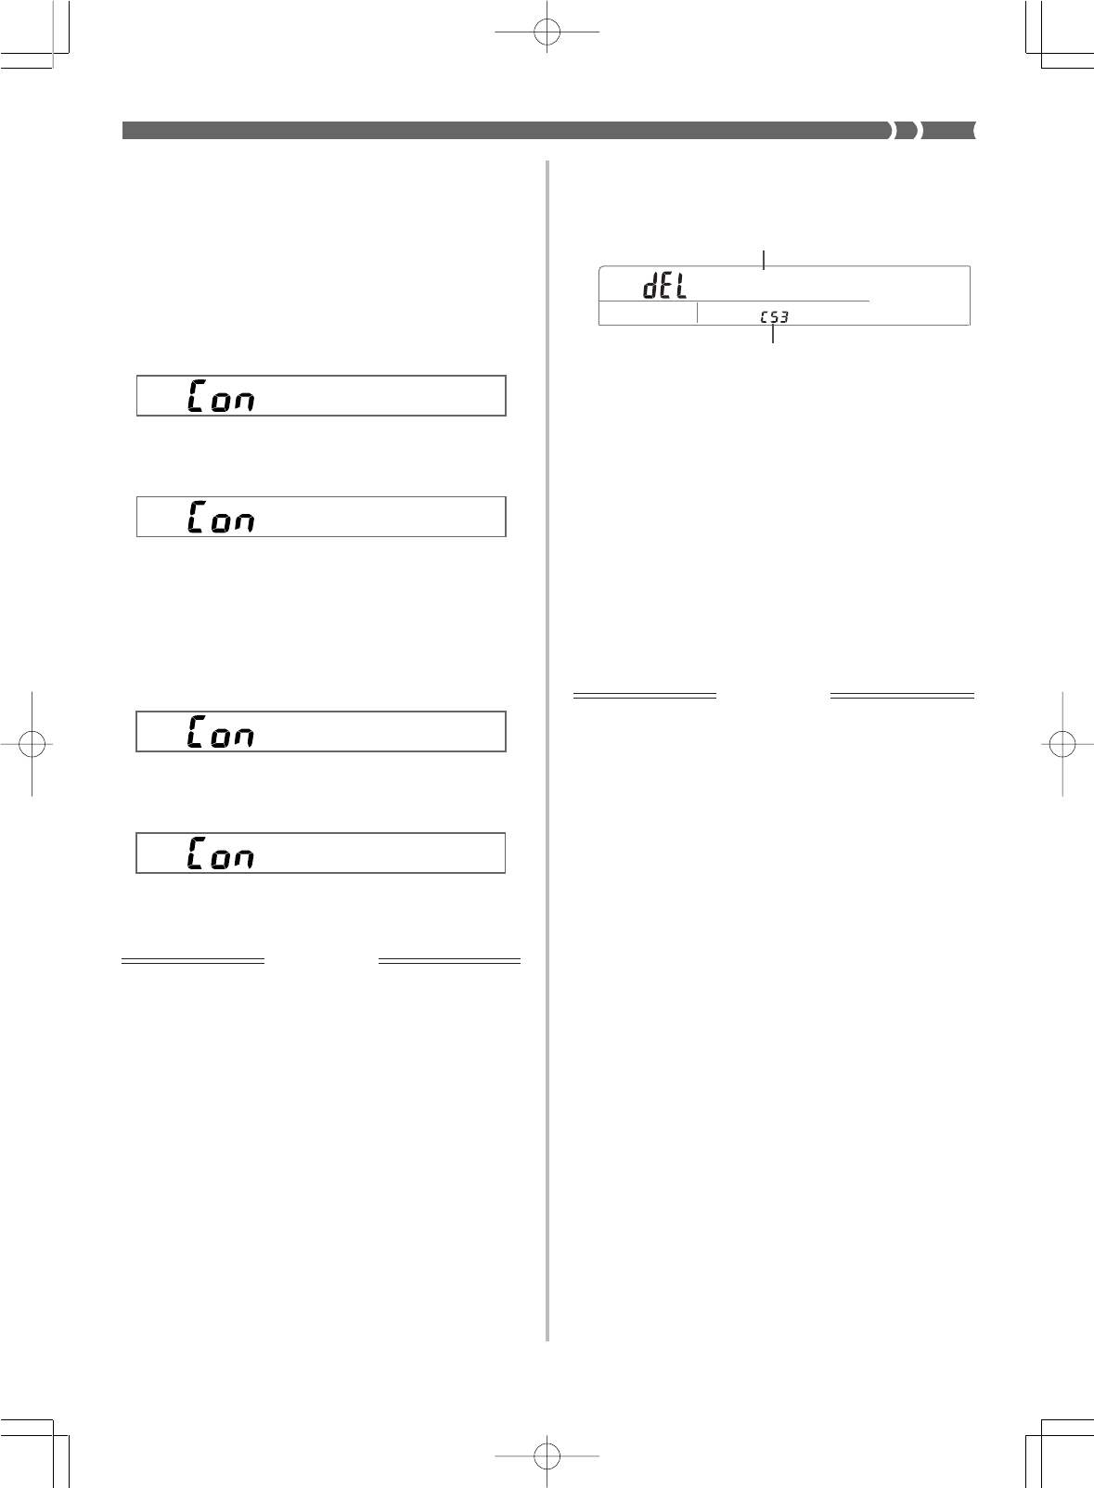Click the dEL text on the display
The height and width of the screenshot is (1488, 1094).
(665, 288)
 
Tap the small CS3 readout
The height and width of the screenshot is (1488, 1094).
(774, 317)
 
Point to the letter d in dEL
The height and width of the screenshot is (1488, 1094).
(651, 288)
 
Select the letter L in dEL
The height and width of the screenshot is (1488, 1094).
(680, 288)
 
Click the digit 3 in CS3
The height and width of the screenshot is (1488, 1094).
(784, 317)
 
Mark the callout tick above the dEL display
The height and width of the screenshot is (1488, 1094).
(764, 259)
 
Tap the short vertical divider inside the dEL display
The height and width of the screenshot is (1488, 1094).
(697, 314)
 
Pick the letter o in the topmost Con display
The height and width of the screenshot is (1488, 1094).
(220, 401)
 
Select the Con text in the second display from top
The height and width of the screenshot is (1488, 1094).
(221, 517)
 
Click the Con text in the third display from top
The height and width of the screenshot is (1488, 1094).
(221, 732)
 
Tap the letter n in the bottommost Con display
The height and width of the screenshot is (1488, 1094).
(243, 858)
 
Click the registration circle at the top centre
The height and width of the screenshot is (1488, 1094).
(547, 31)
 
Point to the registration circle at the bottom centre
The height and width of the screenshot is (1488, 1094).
(547, 1456)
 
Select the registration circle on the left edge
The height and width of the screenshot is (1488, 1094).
(32, 743)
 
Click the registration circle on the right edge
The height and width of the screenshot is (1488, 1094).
(1062, 743)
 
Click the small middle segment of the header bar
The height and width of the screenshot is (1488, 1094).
(908, 131)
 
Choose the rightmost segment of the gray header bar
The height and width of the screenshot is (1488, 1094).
(949, 131)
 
